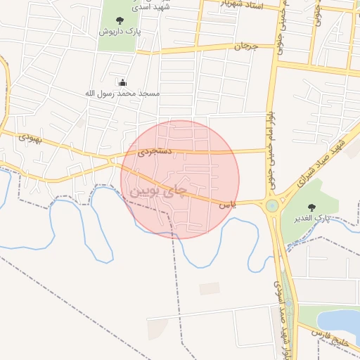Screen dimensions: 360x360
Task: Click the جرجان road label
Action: coord(246,46)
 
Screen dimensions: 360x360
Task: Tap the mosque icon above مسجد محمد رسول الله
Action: coord(123,82)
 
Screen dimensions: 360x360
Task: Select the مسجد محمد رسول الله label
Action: coord(122,93)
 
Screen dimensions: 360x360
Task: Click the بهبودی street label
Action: coord(30,138)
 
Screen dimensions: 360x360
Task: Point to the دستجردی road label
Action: coord(154,151)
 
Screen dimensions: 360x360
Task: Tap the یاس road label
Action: coord(226,205)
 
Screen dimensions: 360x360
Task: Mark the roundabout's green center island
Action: coord(271,205)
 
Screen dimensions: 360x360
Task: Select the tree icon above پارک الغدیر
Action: coord(312,207)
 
